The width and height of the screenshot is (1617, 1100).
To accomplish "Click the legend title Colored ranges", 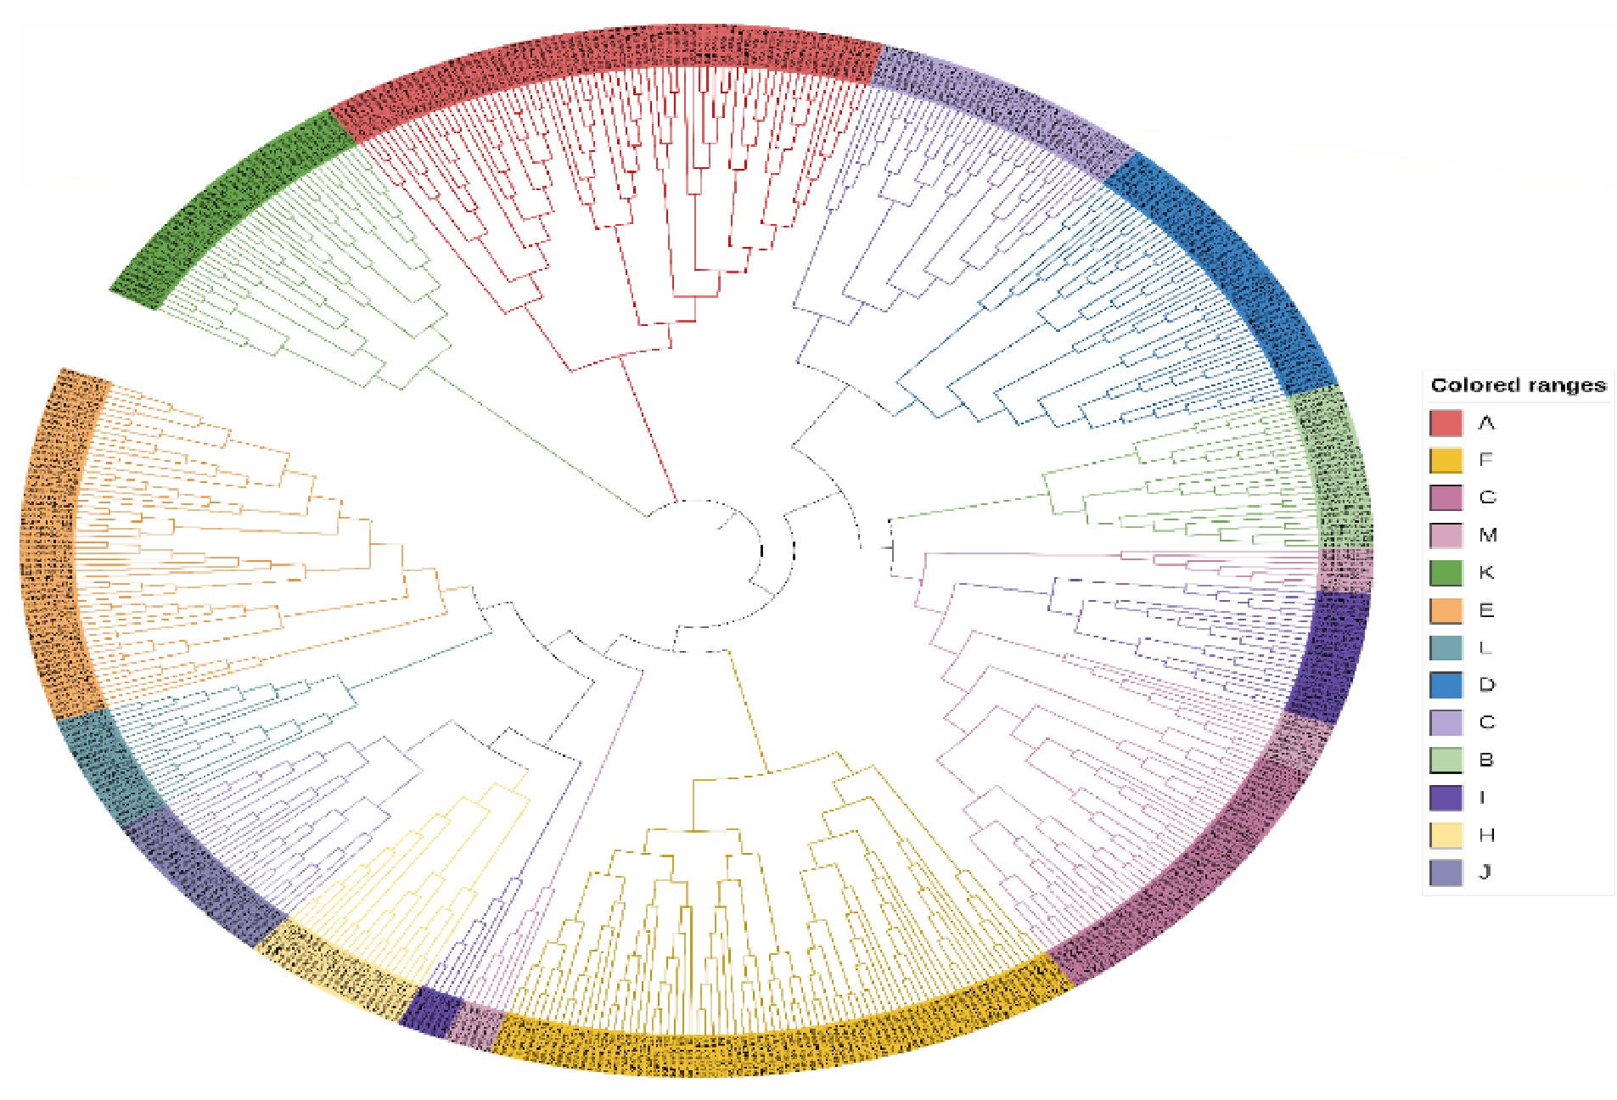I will (1517, 385).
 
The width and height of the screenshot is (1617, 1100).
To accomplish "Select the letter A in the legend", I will (1485, 423).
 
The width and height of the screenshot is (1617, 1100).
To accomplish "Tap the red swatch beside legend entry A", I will (1446, 423).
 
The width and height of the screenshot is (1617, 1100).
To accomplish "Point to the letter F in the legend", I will (1485, 460).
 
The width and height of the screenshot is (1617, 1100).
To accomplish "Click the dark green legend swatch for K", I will (1446, 573).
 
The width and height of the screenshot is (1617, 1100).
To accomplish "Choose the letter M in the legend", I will (1487, 535).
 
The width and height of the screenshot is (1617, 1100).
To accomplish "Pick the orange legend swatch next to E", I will (1446, 610).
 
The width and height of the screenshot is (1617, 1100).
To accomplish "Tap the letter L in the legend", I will (1485, 648).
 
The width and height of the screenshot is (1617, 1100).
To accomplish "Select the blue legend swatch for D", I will (1446, 685).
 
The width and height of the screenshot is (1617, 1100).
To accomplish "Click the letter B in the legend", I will (1485, 760).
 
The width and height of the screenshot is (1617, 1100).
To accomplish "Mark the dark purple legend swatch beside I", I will (1446, 798).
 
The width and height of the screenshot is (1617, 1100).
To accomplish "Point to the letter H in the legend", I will (1486, 835).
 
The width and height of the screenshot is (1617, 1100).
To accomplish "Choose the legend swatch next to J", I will (1446, 873).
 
